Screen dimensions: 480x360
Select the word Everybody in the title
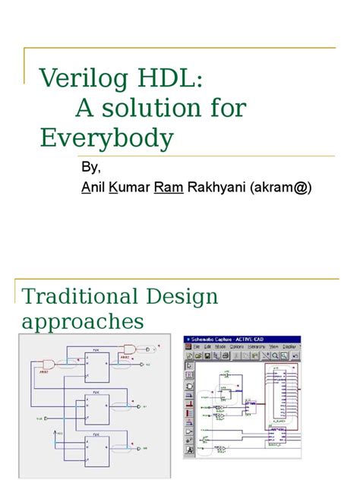click(106, 138)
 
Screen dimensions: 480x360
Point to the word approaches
click(82, 321)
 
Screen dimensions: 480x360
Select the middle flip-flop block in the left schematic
click(96, 408)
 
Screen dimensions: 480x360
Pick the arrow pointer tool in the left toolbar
click(189, 365)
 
